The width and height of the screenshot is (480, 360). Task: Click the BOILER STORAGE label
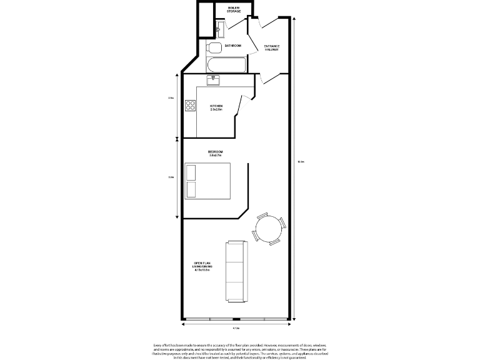coord(234,9)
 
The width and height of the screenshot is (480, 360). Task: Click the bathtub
coord(227,65)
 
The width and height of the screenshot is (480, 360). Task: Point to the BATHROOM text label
coord(233,46)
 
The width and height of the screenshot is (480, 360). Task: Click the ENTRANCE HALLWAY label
coord(271,47)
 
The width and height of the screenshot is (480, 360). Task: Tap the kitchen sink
coord(213,79)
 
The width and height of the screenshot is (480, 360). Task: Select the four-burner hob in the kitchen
coord(190,107)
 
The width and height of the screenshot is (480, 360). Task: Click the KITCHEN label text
coord(216,106)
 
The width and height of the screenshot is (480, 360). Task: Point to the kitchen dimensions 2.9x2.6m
coord(216,109)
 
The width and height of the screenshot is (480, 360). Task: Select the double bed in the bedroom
coord(208,180)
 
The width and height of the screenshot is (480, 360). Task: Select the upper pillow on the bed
coord(191,172)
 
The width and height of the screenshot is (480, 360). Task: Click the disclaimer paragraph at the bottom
coord(239,351)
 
